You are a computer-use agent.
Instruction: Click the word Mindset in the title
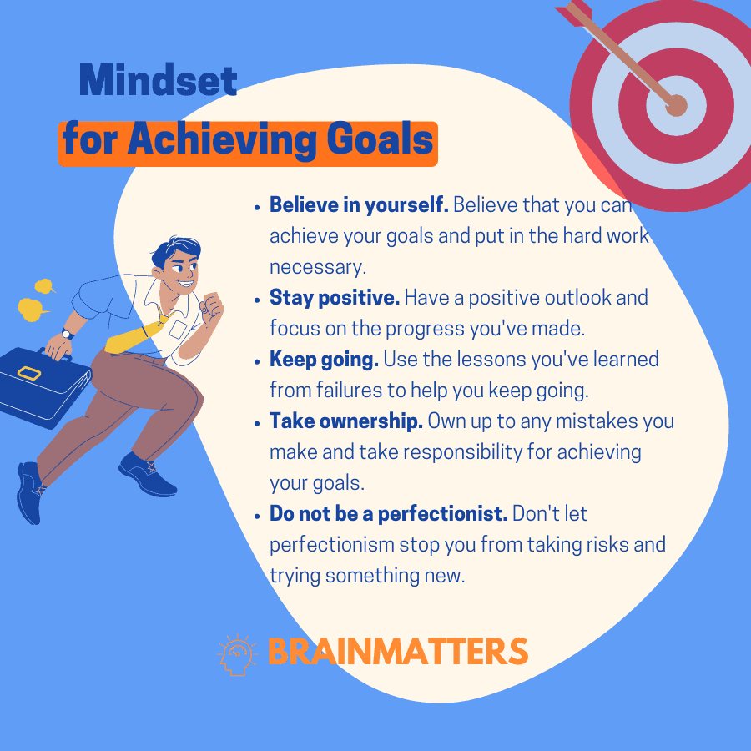tap(158, 80)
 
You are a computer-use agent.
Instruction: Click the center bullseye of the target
tap(676, 105)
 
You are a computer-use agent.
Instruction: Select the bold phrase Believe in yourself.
tap(359, 205)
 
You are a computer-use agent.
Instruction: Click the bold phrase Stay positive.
tap(335, 298)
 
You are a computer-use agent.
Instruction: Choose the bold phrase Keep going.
tap(324, 360)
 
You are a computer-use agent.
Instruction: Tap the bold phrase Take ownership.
tap(345, 421)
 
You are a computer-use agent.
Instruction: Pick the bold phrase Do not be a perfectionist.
tap(388, 514)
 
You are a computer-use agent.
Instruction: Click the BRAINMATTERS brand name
tap(397, 652)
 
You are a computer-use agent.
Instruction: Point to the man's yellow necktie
tap(138, 335)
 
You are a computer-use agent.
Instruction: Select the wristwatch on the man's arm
tap(67, 334)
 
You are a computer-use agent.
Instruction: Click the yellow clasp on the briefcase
tap(28, 373)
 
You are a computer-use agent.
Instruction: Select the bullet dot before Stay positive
tap(257, 300)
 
